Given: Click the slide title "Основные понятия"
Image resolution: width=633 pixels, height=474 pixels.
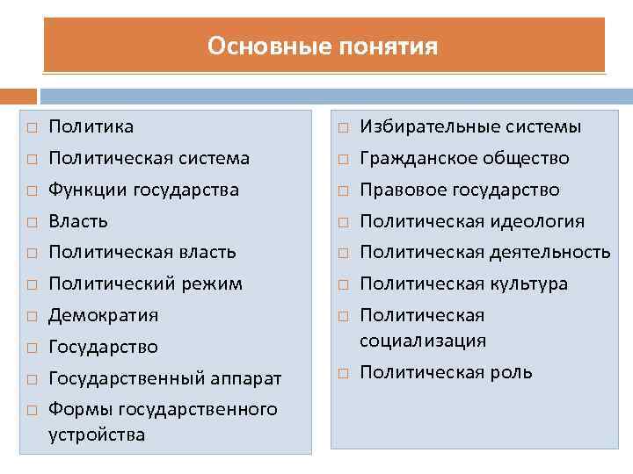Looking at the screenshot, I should point(323,46).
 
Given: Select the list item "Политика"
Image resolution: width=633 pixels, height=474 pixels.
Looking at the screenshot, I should point(91,127).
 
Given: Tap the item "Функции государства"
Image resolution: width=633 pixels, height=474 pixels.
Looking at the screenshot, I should point(144,190).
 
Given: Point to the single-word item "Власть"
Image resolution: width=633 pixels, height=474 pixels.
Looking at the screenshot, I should point(78,221).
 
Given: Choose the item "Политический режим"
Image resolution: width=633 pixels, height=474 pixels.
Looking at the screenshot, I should point(145,284).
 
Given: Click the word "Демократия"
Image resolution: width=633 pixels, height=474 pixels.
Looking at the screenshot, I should point(104,315).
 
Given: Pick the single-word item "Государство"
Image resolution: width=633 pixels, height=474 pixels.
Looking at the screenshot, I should point(104,347).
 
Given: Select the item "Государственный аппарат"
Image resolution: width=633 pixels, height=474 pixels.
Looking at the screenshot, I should point(165,378).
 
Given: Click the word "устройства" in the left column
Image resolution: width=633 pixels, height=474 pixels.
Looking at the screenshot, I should point(97,434).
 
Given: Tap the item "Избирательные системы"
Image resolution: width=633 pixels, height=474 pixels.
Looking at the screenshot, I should point(470,127).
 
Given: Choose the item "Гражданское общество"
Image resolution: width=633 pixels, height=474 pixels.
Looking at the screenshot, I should point(464,159).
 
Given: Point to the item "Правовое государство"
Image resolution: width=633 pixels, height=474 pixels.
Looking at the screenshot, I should point(460,190).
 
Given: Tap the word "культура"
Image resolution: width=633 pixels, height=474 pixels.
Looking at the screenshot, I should point(528,284).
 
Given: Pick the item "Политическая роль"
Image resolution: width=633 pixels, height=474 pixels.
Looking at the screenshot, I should point(446,372).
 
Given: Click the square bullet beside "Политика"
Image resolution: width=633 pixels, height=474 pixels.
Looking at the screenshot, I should point(30,128).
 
